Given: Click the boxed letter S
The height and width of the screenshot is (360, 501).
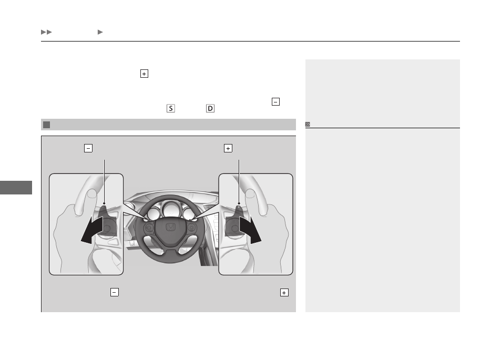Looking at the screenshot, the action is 171,108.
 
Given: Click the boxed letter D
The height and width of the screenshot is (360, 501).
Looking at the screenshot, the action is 210,108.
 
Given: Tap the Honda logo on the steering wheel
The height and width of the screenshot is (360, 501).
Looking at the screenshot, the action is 171,228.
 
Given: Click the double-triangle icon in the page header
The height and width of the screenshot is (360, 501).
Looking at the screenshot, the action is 46,32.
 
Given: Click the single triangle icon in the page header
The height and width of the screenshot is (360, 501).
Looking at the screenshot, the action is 100,32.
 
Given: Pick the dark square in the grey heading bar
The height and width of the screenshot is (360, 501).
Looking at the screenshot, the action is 47,125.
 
